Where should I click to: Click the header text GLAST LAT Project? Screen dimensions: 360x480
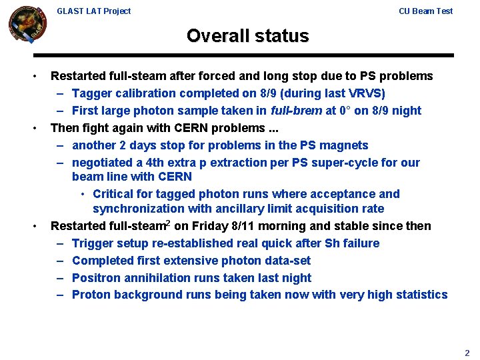[x=94, y=11]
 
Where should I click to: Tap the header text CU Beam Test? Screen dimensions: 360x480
[x=425, y=11]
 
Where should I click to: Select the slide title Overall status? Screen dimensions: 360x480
[x=247, y=35]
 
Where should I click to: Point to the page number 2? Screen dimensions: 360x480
[x=467, y=353]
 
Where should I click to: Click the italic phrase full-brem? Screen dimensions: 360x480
[x=297, y=111]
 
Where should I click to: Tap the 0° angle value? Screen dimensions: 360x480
[x=346, y=111]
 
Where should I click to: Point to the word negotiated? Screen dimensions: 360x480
[x=104, y=163]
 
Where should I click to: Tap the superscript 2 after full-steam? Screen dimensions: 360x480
[x=168, y=223]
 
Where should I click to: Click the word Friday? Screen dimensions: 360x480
[x=211, y=226]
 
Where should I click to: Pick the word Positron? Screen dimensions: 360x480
[x=97, y=278]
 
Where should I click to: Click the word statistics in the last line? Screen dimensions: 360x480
[x=419, y=295]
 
